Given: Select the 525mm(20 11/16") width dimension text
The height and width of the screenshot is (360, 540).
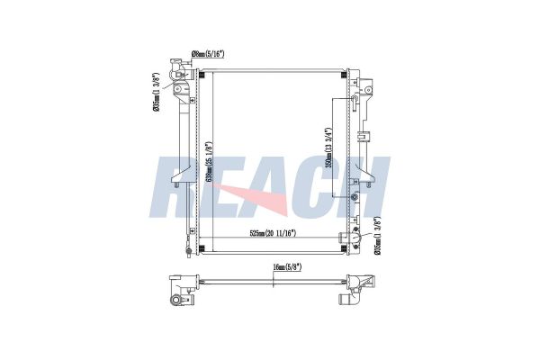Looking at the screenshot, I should (273, 233).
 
